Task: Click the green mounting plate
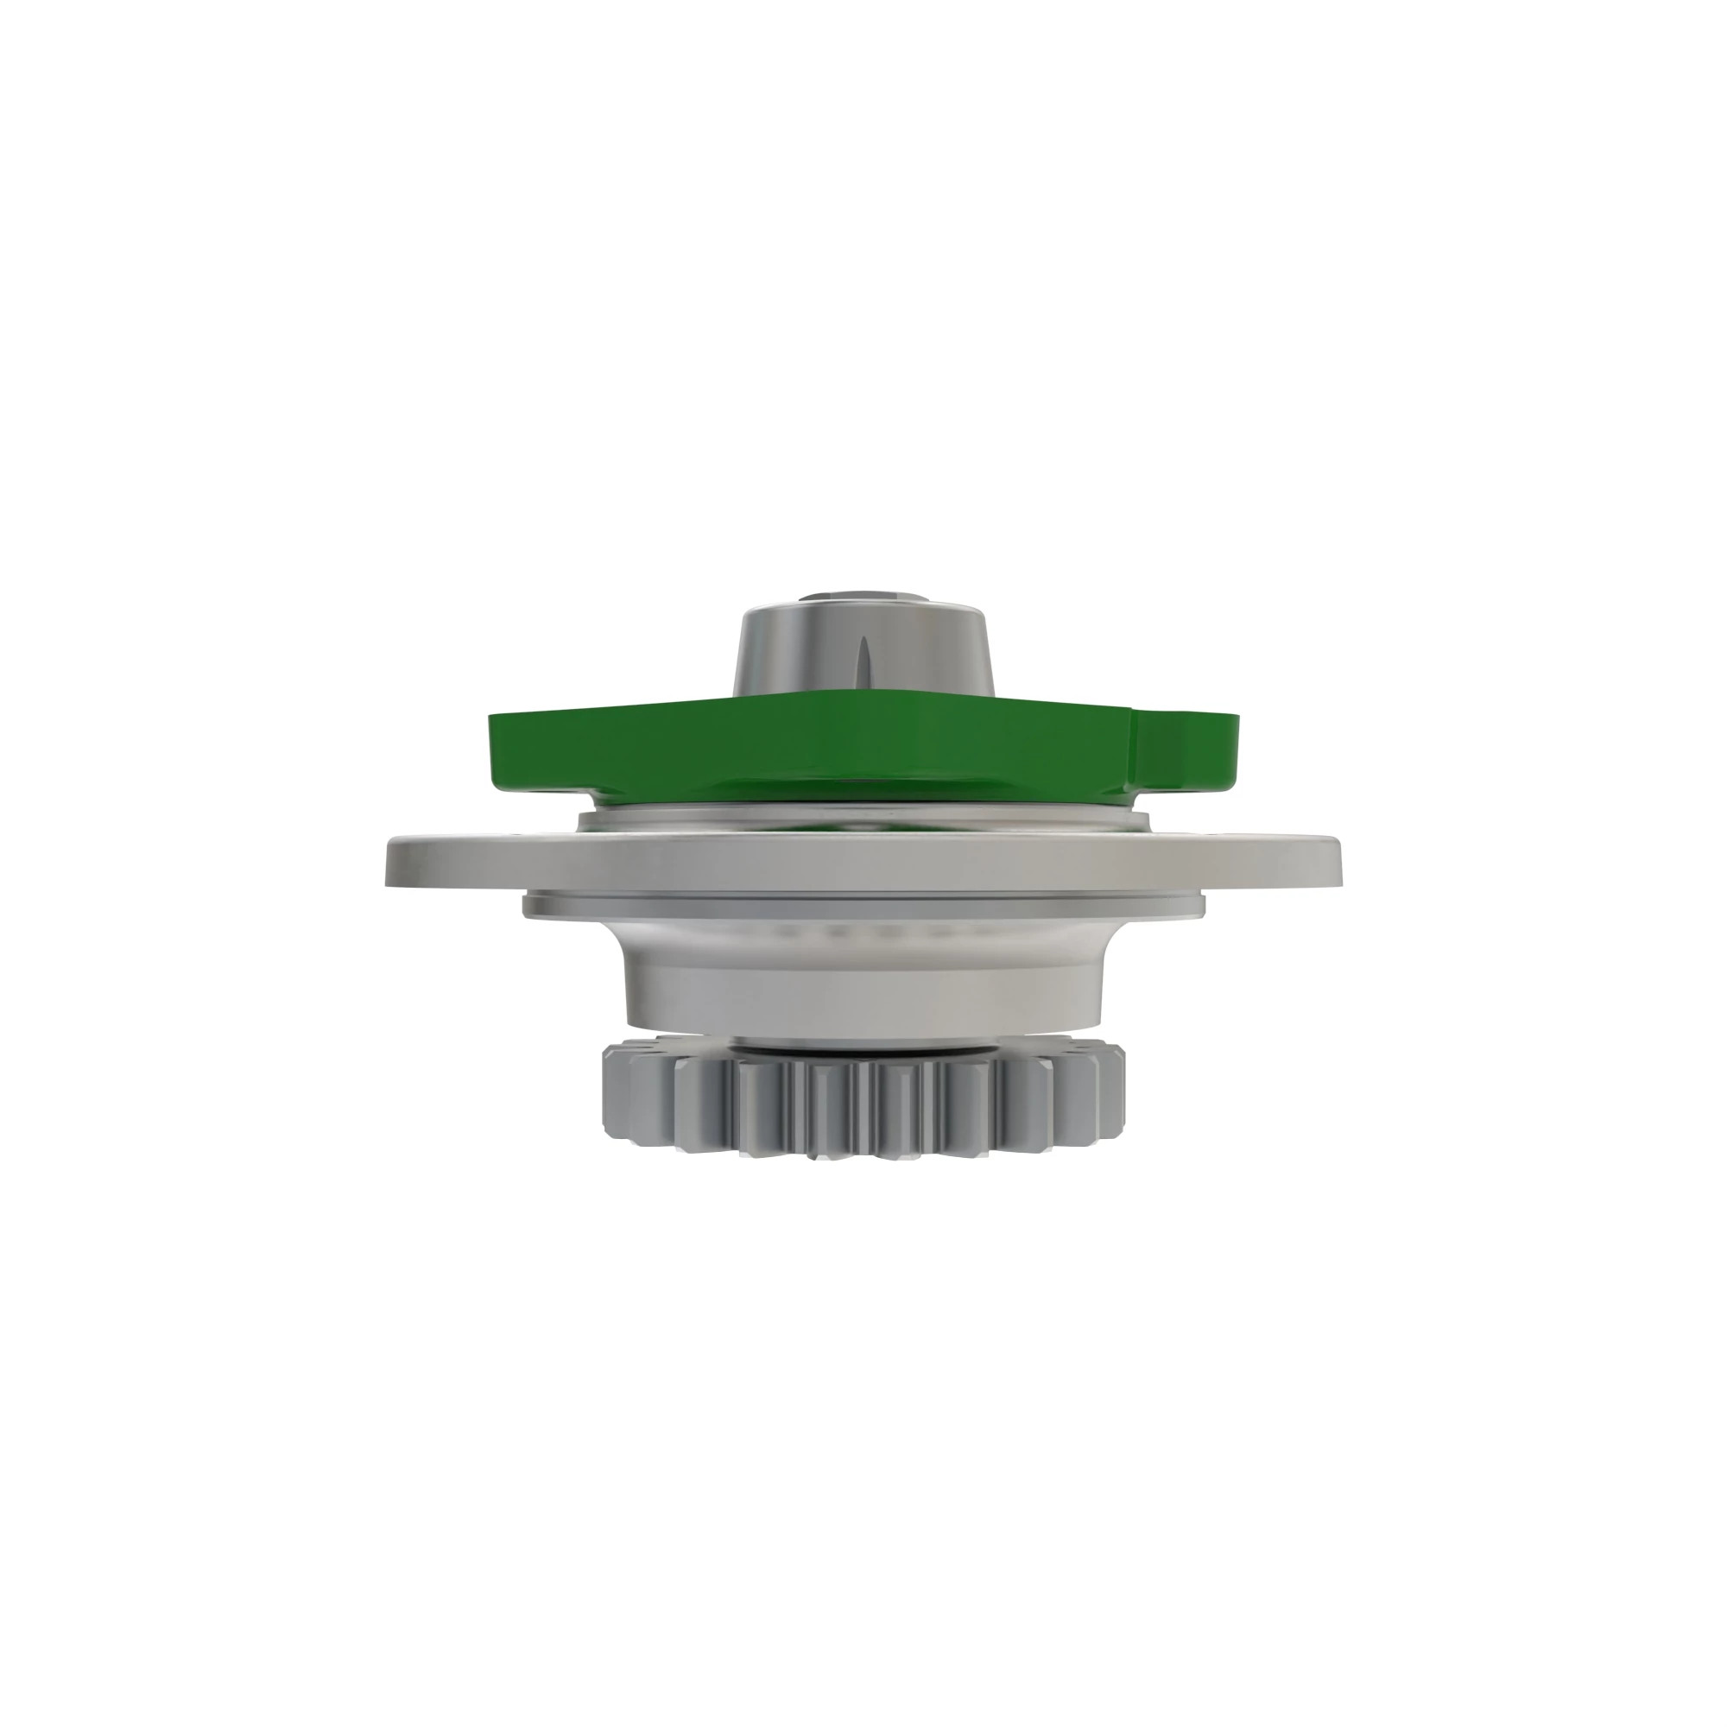pyautogui.click(x=805, y=751)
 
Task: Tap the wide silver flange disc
pyautogui.click(x=863, y=863)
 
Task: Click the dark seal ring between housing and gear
pyautogui.click(x=863, y=1047)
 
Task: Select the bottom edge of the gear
pyautogui.click(x=863, y=1158)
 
